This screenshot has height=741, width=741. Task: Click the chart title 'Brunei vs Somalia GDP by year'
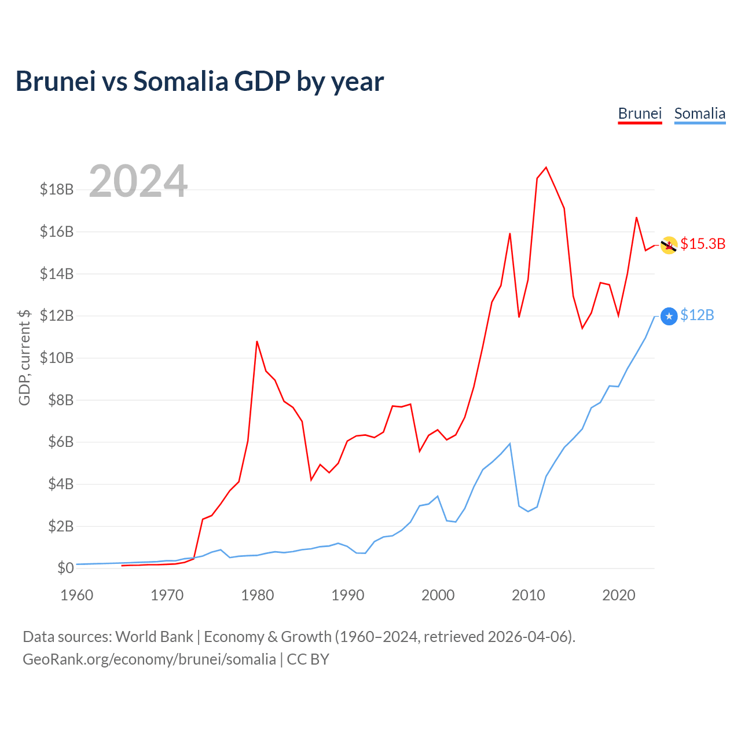[200, 81]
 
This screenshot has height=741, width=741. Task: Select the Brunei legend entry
[640, 113]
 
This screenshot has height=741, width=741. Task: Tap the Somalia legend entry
[699, 113]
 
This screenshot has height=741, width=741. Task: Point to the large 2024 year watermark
[138, 181]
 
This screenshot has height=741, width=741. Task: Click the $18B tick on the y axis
[57, 189]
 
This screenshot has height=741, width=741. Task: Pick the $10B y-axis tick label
[57, 358]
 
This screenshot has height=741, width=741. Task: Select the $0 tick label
[65, 568]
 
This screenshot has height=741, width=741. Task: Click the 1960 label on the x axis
[77, 595]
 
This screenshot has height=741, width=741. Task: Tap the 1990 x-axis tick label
[348, 595]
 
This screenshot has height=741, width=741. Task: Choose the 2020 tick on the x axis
[619, 595]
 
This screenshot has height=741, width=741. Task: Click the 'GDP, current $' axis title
[24, 357]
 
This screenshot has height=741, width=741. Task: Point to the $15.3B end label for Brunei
[703, 244]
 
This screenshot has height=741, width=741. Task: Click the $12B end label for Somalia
[697, 315]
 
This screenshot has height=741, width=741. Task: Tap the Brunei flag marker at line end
[669, 245]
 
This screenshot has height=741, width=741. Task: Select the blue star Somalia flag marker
[669, 316]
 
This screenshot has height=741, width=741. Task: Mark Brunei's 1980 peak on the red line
[257, 342]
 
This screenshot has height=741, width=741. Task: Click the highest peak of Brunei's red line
[546, 167]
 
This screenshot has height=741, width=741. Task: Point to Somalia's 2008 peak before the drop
[509, 444]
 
